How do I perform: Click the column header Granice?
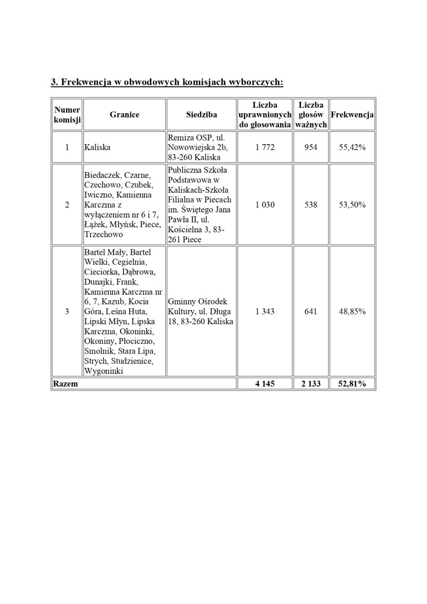coord(124,115)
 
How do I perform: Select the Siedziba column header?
coord(201,115)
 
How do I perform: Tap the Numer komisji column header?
coord(67,115)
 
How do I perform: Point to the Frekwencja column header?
coord(352,115)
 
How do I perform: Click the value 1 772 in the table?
coord(265,147)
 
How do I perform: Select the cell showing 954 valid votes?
coord(311,147)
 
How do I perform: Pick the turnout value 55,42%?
coord(352,147)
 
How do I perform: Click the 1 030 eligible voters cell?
coord(265,205)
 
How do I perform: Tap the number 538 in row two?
coord(311,205)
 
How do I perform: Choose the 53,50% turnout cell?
coord(352,205)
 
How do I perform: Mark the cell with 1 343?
coord(265,311)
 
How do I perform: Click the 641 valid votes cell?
coord(311,311)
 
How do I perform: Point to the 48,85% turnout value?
coord(352,311)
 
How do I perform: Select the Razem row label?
coord(65,384)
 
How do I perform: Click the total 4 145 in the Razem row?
coord(265,384)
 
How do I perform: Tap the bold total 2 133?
coord(311,384)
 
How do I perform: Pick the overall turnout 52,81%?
coord(352,384)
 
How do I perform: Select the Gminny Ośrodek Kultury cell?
coord(200,311)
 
